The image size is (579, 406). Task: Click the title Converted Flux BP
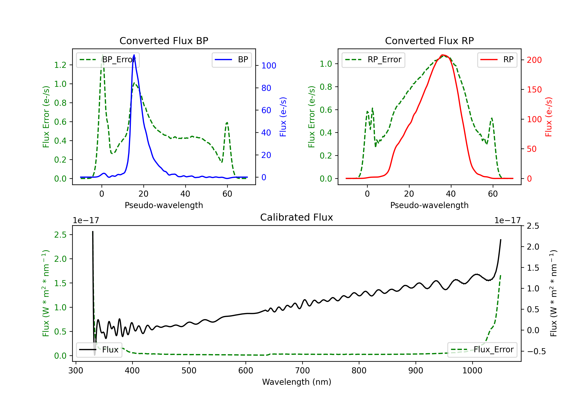tap(164, 41)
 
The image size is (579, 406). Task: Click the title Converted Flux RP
tap(429, 41)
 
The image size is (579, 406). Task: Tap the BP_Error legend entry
tap(108, 60)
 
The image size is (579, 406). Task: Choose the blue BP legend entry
tap(231, 60)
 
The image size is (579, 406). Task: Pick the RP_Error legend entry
tap(373, 60)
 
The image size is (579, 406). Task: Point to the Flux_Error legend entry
tap(482, 350)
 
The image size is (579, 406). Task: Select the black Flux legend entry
tap(99, 350)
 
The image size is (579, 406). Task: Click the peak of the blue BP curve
tap(134, 55)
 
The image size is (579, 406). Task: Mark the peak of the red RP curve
tap(442, 55)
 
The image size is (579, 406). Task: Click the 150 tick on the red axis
tap(534, 90)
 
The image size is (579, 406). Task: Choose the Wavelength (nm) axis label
tap(297, 382)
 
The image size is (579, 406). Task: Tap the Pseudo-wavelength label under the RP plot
tap(429, 205)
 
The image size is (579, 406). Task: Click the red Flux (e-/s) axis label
tap(549, 117)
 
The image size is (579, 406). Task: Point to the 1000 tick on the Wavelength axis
tap(472, 370)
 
